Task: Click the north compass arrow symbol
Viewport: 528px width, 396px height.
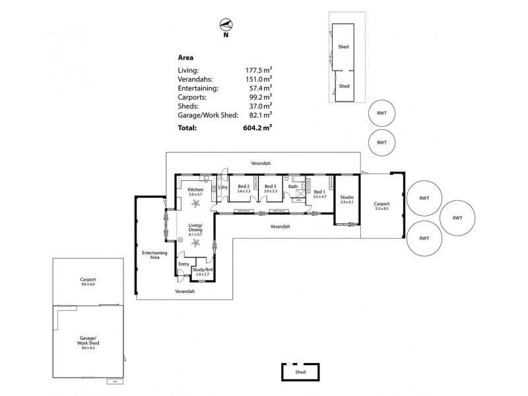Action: (x=226, y=26)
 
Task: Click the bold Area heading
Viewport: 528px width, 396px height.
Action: (x=186, y=57)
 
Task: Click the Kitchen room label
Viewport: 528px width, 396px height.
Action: (x=196, y=189)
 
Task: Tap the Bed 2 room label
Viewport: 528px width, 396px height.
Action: (x=243, y=187)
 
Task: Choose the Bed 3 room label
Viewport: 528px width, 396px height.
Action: (x=270, y=187)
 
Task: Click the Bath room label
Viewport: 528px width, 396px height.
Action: (x=293, y=187)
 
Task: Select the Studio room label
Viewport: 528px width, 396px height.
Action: (x=346, y=197)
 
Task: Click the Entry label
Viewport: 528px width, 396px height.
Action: (x=183, y=264)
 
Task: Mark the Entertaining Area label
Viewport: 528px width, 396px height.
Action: (x=154, y=255)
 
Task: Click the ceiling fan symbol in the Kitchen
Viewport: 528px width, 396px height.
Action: (x=195, y=203)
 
